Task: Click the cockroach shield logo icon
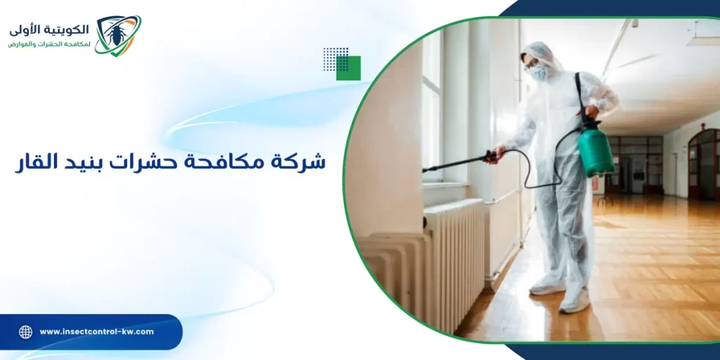pos(117,35)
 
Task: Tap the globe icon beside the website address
pos(25,332)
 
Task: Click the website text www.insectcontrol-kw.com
pos(96,332)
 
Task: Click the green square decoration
pos(349,68)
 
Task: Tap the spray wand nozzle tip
pos(425,169)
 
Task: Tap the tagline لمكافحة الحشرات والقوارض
pos(49,44)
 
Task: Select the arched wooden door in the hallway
pos(703,165)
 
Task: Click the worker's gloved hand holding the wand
pos(497,153)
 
